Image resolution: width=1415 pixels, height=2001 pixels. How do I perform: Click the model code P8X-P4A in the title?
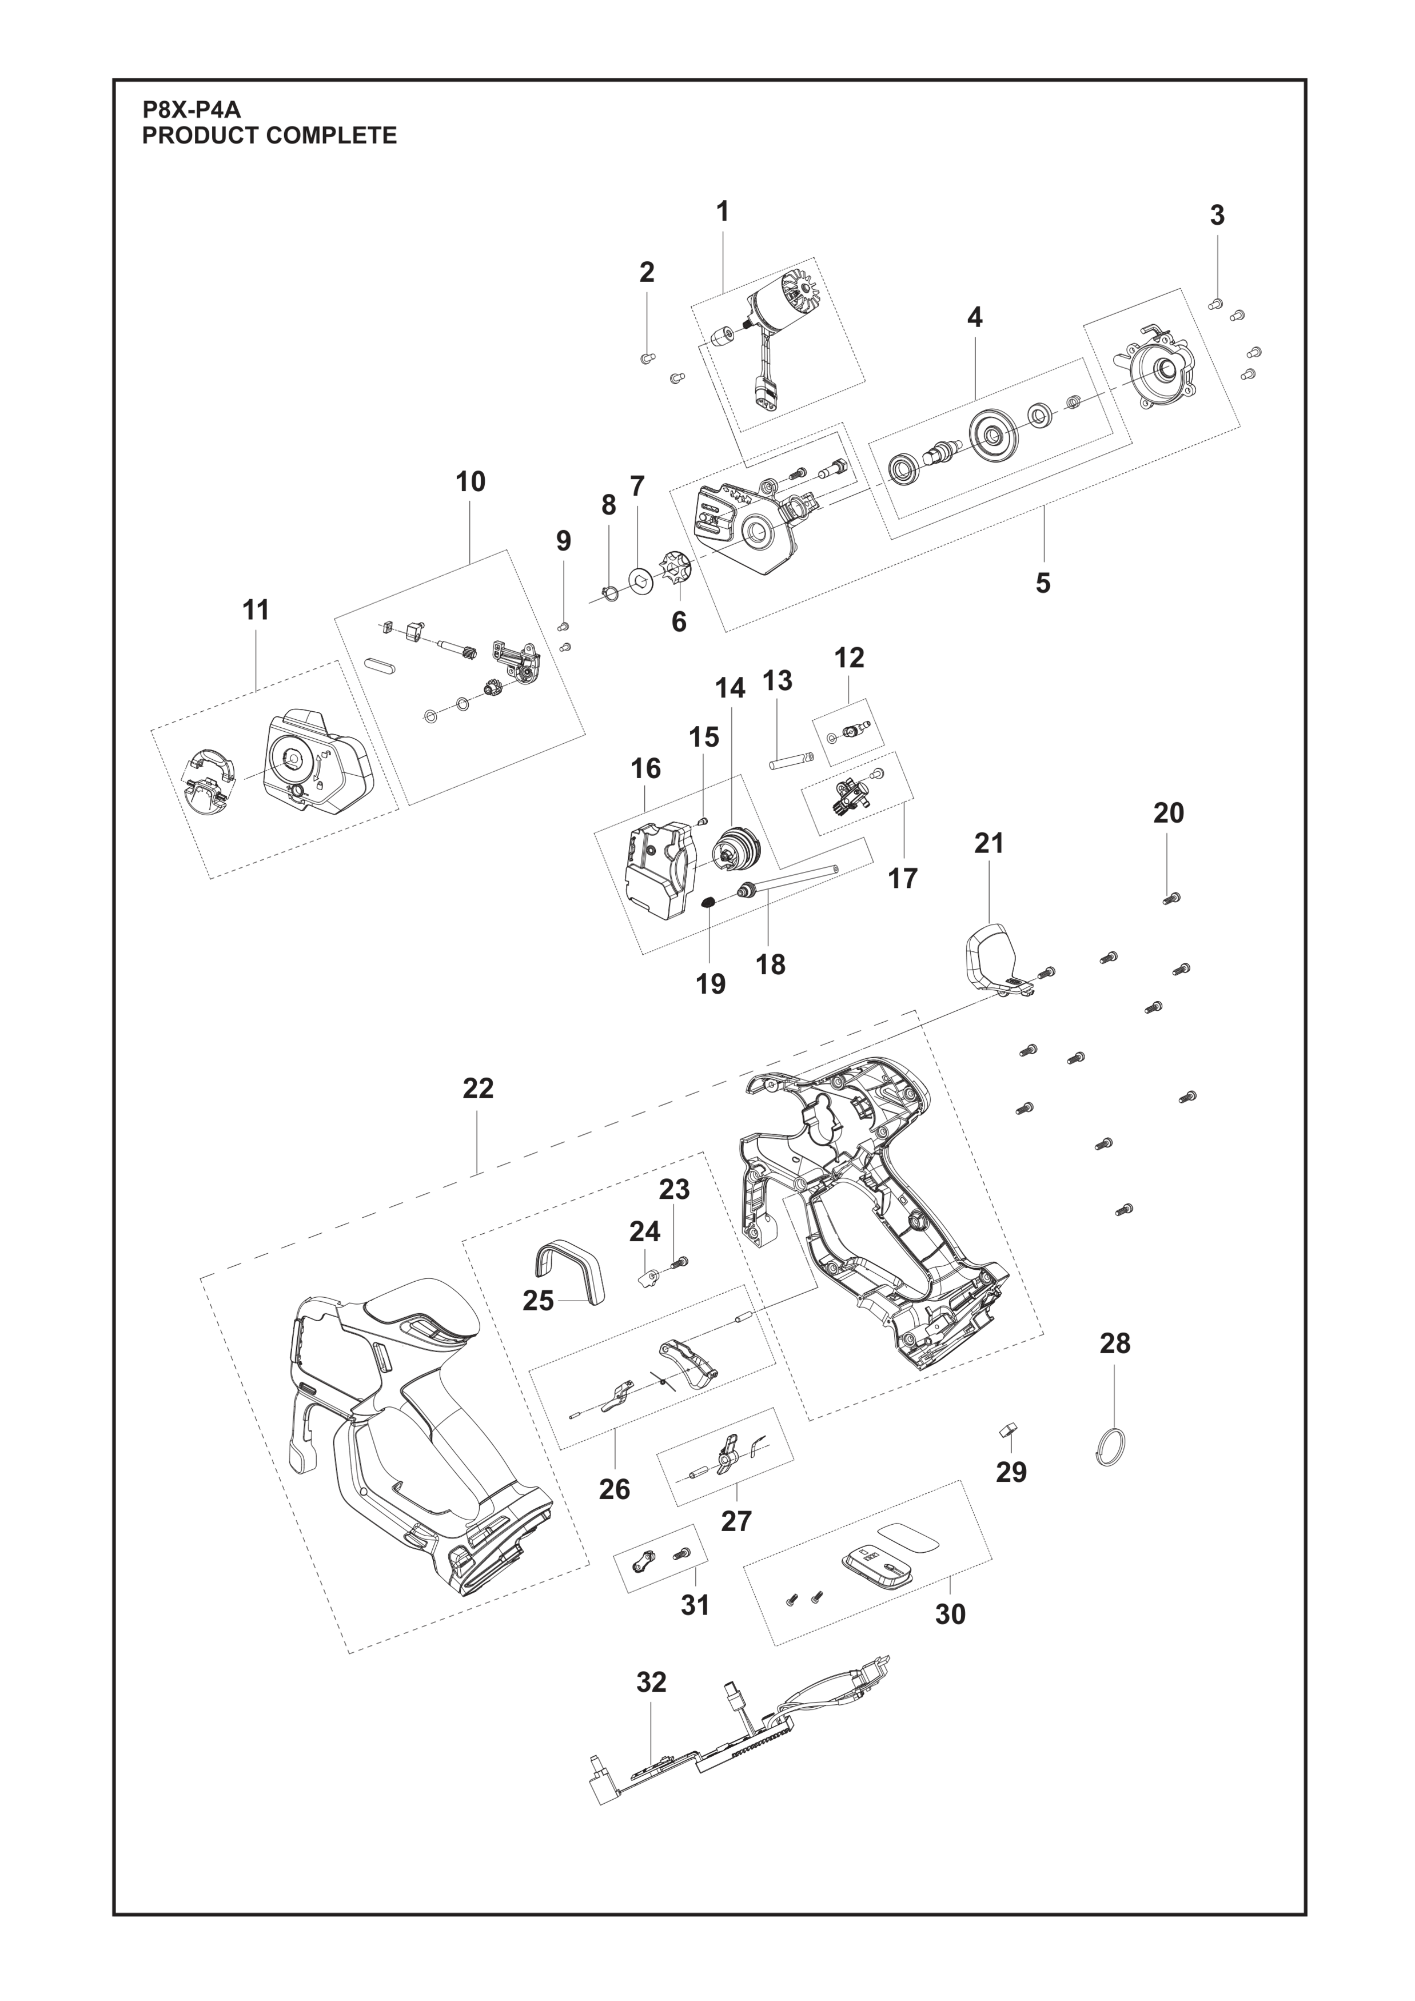pyautogui.click(x=192, y=111)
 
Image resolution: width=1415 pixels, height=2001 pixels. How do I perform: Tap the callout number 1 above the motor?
pyautogui.click(x=722, y=212)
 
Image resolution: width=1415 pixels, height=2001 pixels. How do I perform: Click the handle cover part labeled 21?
pyautogui.click(x=993, y=959)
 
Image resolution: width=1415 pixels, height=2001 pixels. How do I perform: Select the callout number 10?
pyautogui.click(x=471, y=482)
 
